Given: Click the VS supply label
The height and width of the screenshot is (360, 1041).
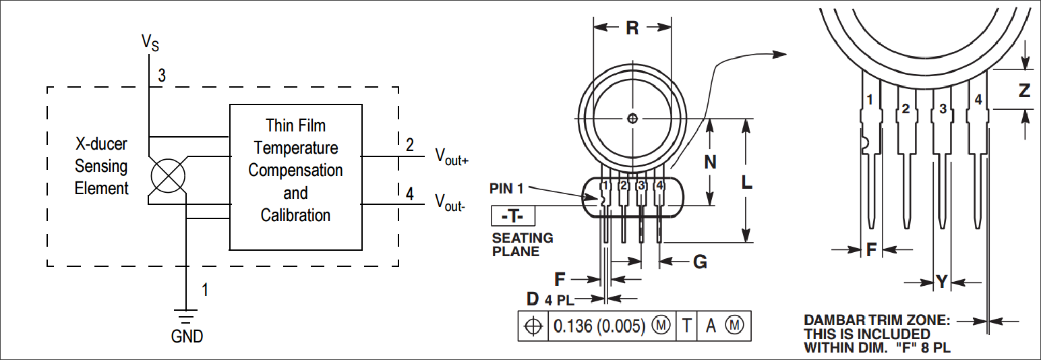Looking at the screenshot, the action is tap(150, 42).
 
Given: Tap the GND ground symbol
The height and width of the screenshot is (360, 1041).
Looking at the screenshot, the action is tap(186, 316).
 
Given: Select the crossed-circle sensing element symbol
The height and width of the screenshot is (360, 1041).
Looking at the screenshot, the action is tap(169, 176).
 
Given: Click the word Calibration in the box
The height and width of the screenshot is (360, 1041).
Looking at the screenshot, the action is tap(295, 215).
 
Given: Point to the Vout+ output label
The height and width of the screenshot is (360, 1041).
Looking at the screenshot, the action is tap(452, 156).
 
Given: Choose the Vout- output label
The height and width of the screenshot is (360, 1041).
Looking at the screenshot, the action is tap(450, 203).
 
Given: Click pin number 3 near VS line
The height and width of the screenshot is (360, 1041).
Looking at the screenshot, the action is tap(162, 76).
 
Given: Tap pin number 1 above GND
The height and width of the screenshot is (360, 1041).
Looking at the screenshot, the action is tap(205, 290).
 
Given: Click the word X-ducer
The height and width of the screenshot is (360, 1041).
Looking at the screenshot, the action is tap(101, 144).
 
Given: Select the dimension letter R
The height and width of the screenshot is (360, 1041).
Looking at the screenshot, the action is tap(632, 28).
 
